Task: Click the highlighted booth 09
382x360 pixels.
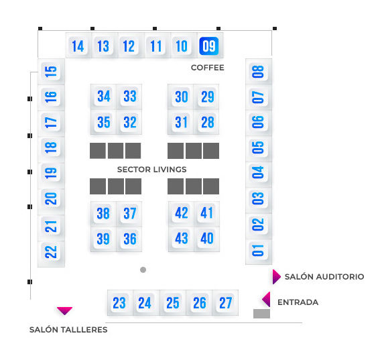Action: pos(209,46)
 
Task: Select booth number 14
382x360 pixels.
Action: pos(78,46)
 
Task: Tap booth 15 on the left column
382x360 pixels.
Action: pos(51,72)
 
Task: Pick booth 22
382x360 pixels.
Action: pos(51,252)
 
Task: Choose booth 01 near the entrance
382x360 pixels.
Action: pos(258,250)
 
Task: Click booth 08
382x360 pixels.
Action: pos(258,72)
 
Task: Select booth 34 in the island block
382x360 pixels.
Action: pos(103,96)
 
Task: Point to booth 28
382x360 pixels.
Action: pos(207,122)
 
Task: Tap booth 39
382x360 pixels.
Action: pos(103,239)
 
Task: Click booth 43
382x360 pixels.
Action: pos(181,238)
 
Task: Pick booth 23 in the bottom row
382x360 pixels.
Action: pos(119,303)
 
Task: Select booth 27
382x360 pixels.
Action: pos(225,303)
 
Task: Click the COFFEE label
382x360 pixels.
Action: pos(207,68)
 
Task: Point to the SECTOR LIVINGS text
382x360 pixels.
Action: pos(151,170)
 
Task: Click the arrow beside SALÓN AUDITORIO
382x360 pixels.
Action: pos(277,277)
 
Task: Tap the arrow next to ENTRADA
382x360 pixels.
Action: pos(266,299)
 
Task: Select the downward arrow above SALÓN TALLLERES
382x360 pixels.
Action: pos(64,311)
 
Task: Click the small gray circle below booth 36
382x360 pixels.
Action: pos(143,269)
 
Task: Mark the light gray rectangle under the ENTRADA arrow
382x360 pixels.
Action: pos(261,314)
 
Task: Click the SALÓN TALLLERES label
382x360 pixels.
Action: pos(68,330)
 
